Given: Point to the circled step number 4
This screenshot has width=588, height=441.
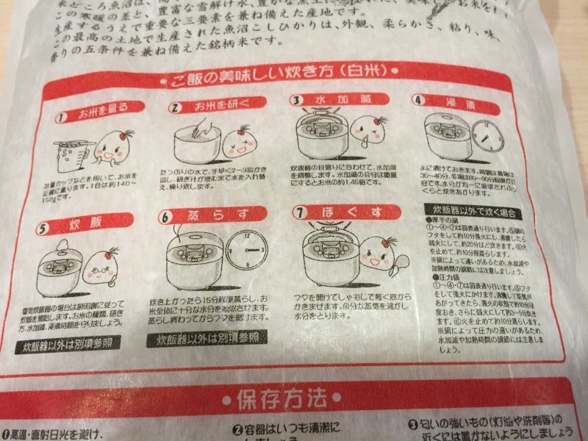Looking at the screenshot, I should click(x=418, y=99).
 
